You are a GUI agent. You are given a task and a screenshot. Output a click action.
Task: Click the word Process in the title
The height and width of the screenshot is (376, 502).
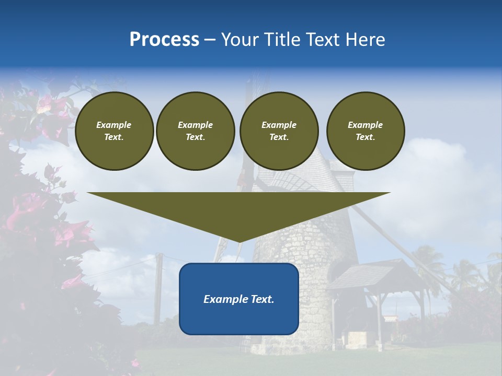pos(164,40)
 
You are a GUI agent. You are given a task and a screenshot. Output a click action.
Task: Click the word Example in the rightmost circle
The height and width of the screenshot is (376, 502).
pos(366,125)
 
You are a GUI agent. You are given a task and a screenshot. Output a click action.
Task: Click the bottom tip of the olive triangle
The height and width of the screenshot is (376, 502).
pos(239,242)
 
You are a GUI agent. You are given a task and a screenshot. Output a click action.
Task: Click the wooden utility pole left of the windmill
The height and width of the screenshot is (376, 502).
pos(158,292)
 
